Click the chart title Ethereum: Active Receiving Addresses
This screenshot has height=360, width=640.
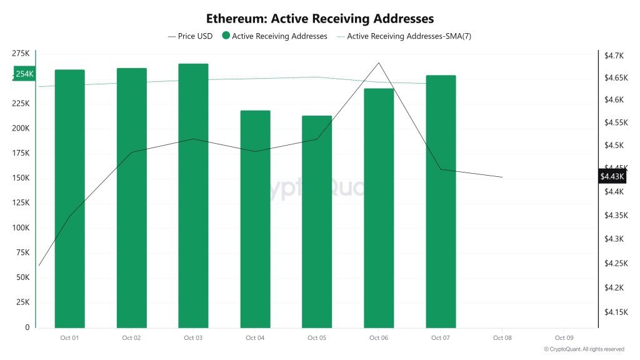[x=320, y=19]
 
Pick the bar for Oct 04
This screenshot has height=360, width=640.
[x=255, y=219]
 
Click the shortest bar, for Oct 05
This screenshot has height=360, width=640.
[x=316, y=221]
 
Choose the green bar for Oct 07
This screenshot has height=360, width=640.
[x=441, y=201]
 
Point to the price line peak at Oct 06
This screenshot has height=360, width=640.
[x=378, y=63]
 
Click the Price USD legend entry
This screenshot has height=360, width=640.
[x=191, y=36]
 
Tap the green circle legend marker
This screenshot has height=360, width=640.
[x=226, y=36]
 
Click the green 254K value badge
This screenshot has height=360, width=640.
[x=24, y=74]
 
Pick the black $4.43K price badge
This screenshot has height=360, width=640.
[x=612, y=177]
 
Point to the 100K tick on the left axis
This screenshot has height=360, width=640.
[x=21, y=228]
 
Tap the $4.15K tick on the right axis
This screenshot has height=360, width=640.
[x=616, y=311]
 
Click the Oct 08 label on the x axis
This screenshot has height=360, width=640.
[x=502, y=338]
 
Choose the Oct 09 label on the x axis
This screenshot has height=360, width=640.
[x=564, y=338]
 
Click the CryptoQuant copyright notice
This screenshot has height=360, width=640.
[x=584, y=349]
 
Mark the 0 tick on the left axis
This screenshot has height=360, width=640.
[x=27, y=327]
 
